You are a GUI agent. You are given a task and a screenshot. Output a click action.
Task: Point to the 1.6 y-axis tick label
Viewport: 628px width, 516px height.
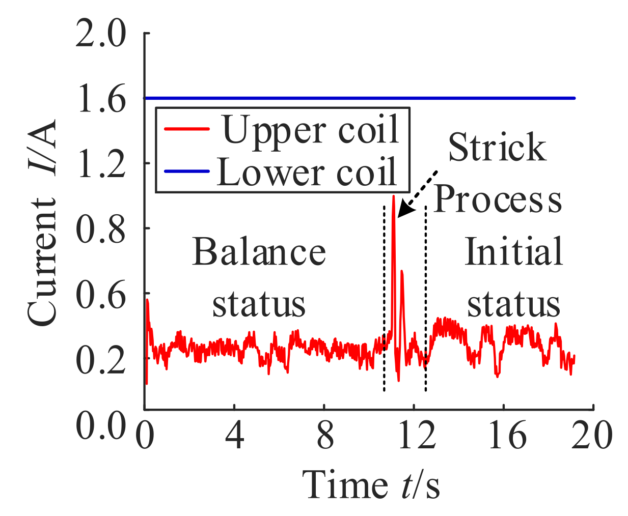tap(100, 99)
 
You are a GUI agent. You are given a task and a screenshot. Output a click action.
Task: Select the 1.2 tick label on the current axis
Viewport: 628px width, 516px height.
tap(100, 164)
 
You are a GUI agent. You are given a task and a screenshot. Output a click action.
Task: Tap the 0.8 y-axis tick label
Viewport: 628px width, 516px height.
tap(100, 229)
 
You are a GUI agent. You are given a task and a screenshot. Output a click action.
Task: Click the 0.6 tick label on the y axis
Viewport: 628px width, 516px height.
tap(100, 294)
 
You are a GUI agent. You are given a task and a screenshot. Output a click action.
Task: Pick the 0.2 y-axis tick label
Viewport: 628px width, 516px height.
tap(100, 359)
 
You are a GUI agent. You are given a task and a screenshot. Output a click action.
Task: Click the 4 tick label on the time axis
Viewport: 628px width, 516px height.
tap(234, 436)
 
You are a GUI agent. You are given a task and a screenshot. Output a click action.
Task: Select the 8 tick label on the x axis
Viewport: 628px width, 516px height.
tap(324, 436)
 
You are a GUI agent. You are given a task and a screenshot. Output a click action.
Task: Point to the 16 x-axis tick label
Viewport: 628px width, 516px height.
tap(506, 436)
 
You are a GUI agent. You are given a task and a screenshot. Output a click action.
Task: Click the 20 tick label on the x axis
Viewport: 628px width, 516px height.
tap(591, 436)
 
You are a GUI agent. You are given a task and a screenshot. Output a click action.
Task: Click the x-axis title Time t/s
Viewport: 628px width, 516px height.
tap(371, 484)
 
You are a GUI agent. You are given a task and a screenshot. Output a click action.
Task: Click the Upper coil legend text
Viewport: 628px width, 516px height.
tap(310, 130)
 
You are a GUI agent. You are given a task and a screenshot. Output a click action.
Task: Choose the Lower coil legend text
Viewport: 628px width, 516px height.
tap(307, 171)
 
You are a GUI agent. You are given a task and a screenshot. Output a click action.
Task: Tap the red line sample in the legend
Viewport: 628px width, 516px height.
tap(186, 129)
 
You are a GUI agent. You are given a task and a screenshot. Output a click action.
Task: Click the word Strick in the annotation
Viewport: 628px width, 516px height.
tap(497, 148)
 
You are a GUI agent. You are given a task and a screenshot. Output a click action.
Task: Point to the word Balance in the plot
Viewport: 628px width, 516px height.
tap(259, 252)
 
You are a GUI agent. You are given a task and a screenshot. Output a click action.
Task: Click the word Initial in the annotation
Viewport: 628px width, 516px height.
tap(513, 251)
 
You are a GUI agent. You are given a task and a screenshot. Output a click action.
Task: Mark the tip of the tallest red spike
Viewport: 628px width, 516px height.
tap(393, 196)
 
